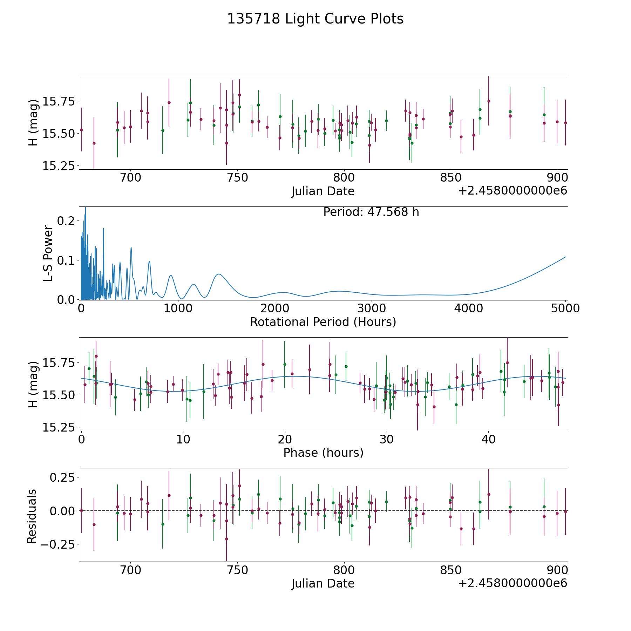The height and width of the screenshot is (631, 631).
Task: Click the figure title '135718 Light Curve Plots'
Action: (x=315, y=19)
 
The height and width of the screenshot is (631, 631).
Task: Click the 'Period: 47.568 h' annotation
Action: (x=371, y=212)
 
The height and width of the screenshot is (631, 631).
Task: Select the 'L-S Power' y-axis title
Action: (x=48, y=253)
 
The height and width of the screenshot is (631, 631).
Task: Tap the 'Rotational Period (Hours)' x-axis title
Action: (x=323, y=322)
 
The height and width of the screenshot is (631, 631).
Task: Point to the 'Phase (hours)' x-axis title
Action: (x=323, y=453)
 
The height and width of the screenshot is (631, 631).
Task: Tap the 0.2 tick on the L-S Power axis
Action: (x=66, y=221)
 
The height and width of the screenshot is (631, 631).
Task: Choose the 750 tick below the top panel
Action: (x=237, y=178)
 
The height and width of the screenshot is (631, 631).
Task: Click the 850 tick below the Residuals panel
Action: (x=451, y=570)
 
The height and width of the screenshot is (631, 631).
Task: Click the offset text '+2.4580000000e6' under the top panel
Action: (x=513, y=191)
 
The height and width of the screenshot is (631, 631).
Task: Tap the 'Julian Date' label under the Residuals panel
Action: (x=323, y=584)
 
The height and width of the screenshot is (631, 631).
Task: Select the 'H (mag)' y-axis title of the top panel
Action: (x=33, y=123)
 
